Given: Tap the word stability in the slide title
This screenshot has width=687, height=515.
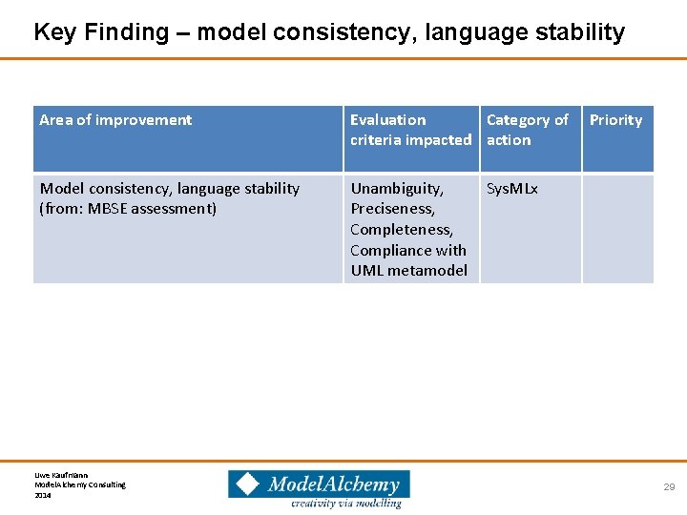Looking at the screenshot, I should [576, 32].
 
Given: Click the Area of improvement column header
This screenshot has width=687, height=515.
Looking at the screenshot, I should [115, 120].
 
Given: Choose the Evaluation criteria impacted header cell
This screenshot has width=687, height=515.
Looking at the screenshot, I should [410, 130].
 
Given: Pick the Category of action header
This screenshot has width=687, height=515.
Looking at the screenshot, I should [527, 130].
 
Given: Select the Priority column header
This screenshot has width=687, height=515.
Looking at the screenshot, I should [615, 120].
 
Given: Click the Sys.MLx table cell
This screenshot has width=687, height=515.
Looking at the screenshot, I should [512, 189].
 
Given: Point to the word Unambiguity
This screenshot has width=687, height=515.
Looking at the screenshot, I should [397, 189].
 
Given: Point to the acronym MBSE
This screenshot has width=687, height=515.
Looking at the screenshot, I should [109, 209].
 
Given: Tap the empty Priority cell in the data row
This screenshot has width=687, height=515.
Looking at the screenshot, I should [617, 229].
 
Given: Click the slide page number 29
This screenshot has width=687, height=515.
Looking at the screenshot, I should [669, 487].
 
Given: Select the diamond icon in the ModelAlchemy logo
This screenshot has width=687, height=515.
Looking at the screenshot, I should [248, 484].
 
